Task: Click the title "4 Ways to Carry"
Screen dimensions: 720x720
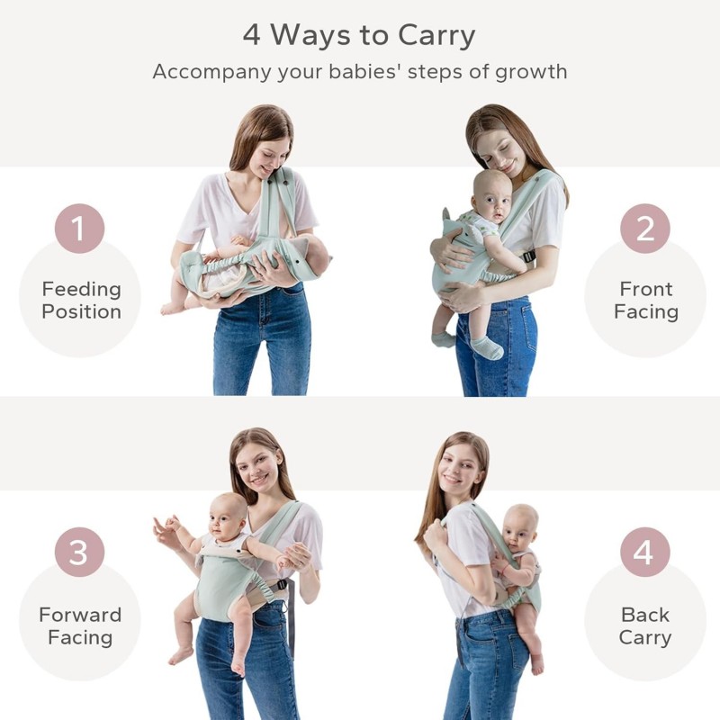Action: coord(359,35)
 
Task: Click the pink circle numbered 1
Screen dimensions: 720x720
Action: coord(79,229)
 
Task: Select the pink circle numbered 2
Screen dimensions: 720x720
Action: coord(644,229)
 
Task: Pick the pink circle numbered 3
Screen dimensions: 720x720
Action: coord(79,552)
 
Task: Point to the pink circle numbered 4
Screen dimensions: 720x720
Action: coord(644,552)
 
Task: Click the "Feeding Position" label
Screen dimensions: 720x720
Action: coord(81,301)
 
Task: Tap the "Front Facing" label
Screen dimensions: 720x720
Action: coord(645,301)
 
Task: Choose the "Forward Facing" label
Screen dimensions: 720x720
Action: coord(80,626)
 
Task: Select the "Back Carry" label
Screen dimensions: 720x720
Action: coord(645,626)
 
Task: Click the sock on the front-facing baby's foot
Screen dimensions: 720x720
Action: coord(487,347)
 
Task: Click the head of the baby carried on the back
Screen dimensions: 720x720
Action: coord(521,528)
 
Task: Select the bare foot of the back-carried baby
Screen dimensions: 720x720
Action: coord(536,663)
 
